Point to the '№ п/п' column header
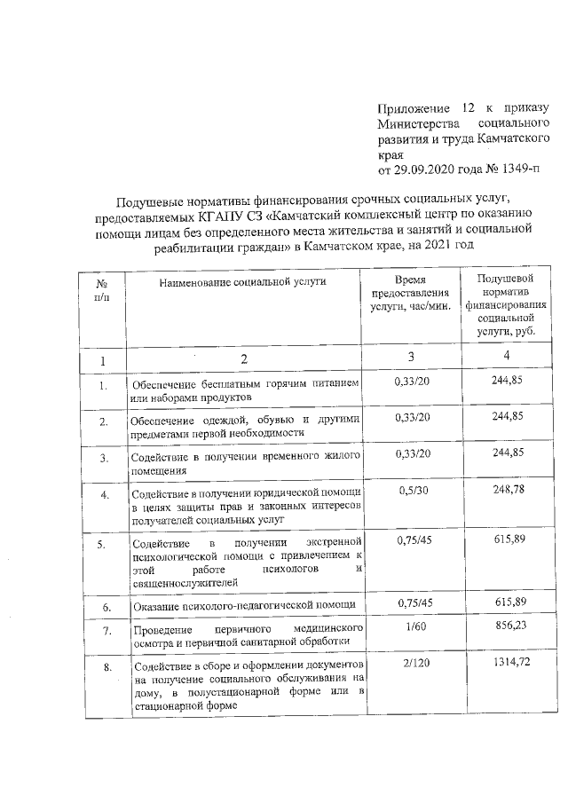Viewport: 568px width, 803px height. pyautogui.click(x=100, y=289)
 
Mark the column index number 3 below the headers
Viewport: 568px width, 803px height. pyautogui.click(x=411, y=357)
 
